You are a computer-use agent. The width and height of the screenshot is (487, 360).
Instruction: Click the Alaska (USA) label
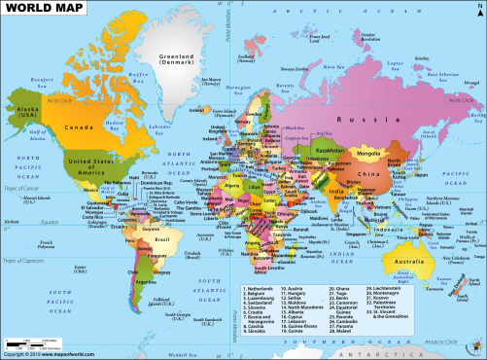point(26,109)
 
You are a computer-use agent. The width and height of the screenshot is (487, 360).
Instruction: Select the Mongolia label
point(370,153)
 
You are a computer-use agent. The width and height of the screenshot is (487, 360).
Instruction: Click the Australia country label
point(412,262)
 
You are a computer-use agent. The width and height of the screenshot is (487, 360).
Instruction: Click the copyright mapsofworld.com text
point(49,353)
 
